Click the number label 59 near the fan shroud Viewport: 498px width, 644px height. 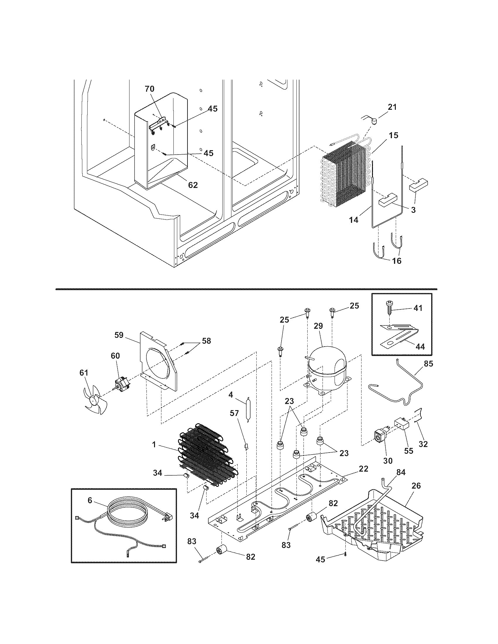coord(119,335)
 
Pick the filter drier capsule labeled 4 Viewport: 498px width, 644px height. coord(248,410)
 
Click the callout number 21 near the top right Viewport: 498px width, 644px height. coord(392,107)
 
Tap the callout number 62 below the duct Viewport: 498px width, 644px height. coord(193,185)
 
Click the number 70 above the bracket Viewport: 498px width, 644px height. coord(150,88)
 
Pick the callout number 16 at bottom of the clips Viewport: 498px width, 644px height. coord(397,261)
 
